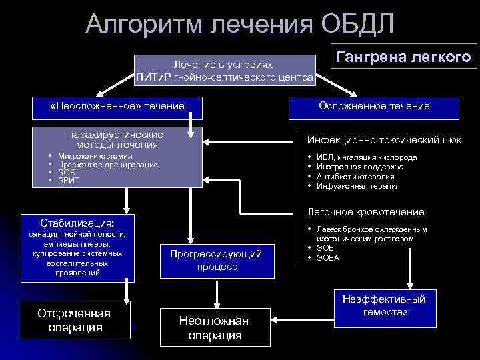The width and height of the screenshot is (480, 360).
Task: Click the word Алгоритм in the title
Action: (143, 23)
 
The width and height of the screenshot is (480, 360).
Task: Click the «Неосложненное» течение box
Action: (117, 106)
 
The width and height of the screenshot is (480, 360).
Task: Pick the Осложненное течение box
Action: (374, 106)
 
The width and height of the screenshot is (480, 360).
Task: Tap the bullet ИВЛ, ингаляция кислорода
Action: (367, 158)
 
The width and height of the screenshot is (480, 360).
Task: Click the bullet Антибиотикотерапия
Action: (355, 177)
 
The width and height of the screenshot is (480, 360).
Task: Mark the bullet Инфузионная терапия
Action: (358, 186)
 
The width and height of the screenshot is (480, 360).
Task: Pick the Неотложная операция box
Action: (214, 327)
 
